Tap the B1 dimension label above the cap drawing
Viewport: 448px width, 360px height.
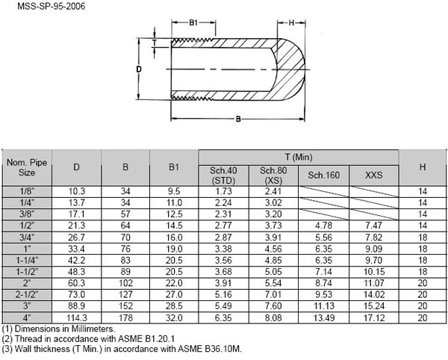coord(193,23)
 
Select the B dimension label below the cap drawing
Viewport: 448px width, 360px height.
coord(237,119)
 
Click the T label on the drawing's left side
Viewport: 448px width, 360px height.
coord(154,43)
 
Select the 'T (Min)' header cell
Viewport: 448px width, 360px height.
coord(298,156)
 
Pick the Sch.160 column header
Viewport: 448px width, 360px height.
coord(323,175)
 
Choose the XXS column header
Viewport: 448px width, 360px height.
coord(373,175)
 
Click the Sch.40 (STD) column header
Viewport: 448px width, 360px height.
coord(223,175)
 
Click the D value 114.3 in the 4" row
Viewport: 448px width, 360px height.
coord(76,317)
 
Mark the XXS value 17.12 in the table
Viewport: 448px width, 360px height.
coord(373,317)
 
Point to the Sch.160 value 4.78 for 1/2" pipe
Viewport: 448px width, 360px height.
coord(323,225)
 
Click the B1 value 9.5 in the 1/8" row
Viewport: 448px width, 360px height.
coord(174,191)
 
